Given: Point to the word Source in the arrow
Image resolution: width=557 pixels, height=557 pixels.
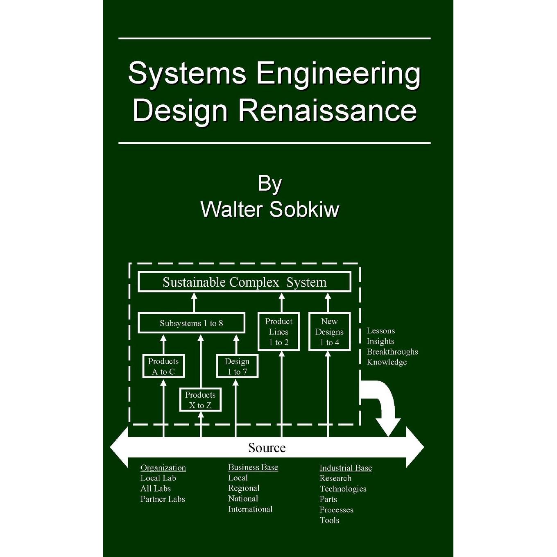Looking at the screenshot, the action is [267, 448].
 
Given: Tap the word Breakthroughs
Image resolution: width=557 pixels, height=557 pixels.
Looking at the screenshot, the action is [392, 352].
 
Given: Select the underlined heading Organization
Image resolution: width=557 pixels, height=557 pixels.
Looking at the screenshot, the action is [163, 468].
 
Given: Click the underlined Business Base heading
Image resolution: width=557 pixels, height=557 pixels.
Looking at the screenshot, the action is [253, 467].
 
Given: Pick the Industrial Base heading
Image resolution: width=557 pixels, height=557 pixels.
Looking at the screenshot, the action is [346, 468].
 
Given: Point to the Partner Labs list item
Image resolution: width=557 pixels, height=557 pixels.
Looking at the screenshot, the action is [163, 499].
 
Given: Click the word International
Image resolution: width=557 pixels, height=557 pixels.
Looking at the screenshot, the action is [250, 509].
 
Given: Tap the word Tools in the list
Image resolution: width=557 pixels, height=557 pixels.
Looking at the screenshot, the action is [330, 520].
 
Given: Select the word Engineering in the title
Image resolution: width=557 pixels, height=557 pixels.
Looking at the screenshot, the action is [338, 76].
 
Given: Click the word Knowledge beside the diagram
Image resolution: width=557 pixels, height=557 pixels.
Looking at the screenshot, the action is [387, 362].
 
